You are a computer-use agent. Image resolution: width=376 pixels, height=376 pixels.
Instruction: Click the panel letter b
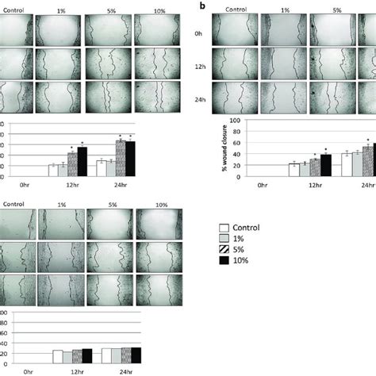(x=202, y=6)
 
